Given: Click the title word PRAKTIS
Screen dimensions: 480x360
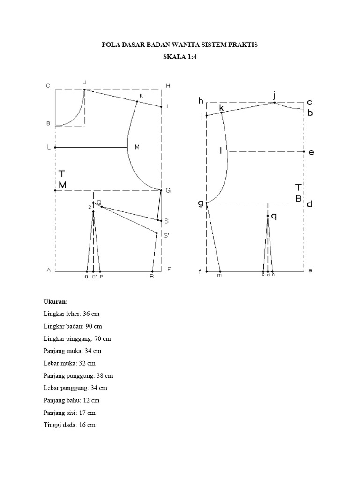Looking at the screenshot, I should coord(242,45).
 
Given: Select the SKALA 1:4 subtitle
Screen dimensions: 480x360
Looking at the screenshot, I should coord(180,58).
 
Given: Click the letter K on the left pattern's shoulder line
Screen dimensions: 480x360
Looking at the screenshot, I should coord(141,96).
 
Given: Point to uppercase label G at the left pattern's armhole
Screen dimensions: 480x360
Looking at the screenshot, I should coord(168,190).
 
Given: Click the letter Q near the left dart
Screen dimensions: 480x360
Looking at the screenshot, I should coord(99,202).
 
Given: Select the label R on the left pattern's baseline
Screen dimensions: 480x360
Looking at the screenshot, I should coord(152,277).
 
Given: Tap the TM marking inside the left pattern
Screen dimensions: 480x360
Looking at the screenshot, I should coord(62,180).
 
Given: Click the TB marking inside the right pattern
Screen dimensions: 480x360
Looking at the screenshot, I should coord(299,193).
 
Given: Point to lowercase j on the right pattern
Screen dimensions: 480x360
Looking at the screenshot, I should coord(274,96).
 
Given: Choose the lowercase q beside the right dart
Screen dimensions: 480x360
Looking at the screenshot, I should coord(274,216).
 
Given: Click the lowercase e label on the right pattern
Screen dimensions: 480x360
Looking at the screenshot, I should coord(311,152).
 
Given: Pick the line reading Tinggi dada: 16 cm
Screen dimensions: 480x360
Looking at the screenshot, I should coord(69,425).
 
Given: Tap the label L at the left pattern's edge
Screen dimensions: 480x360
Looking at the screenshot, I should coord(48,147).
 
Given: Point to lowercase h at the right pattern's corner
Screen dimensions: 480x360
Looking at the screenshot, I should coord(201,101).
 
